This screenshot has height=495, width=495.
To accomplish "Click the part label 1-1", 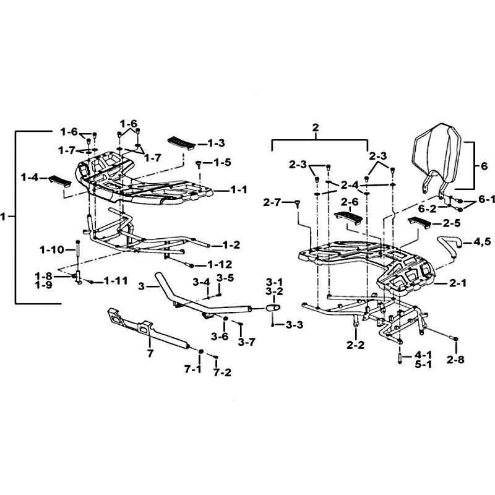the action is [239, 190].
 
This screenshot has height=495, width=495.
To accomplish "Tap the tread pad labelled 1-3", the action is [180, 144].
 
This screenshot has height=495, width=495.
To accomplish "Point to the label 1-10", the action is [52, 250].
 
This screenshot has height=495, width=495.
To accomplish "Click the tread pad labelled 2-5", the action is [419, 223].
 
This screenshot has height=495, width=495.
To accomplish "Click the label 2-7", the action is [272, 202].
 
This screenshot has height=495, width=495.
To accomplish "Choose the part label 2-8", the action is [455, 359].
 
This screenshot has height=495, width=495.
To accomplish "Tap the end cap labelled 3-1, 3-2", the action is [273, 308].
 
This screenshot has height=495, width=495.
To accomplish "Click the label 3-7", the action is [247, 342].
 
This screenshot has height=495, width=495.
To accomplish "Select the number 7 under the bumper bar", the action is [150, 353].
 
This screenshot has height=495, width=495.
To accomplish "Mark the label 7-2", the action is [223, 373].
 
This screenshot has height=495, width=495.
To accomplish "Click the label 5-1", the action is [423, 364].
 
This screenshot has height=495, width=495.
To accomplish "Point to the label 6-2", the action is [428, 209].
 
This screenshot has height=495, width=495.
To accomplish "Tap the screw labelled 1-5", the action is [199, 164].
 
